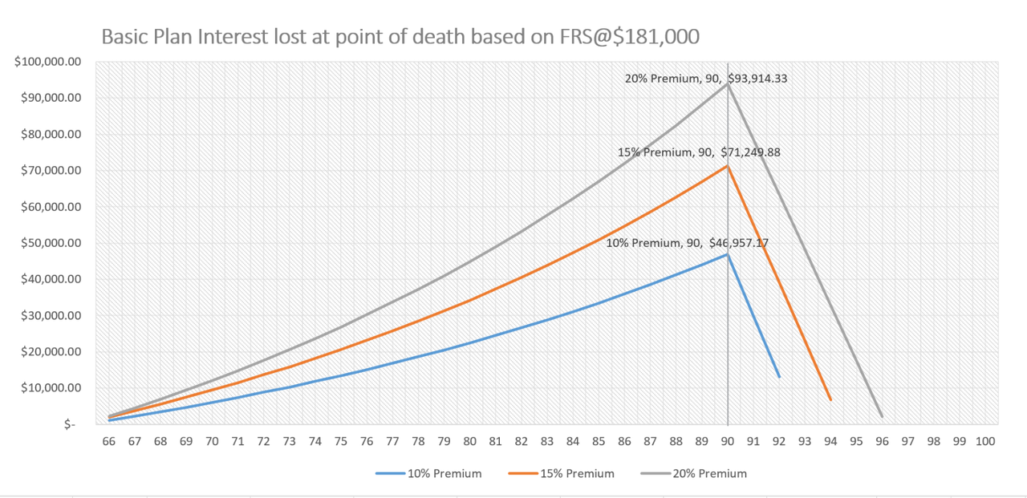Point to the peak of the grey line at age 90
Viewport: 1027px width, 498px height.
[x=728, y=84]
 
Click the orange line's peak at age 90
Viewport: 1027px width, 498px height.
[x=728, y=166]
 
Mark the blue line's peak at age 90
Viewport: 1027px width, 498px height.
[x=728, y=254]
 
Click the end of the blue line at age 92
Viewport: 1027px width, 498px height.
[x=779, y=377]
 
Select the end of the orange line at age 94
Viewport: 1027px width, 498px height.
[x=830, y=399]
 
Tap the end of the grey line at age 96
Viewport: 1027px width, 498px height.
[x=882, y=417]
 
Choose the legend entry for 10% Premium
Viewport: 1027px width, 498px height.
[x=428, y=474]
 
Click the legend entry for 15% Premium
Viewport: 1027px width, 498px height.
[x=561, y=474]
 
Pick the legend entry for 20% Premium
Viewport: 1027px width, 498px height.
[x=693, y=474]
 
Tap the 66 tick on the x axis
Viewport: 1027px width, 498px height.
[x=109, y=442]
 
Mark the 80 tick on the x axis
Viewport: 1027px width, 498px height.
[x=469, y=442]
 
